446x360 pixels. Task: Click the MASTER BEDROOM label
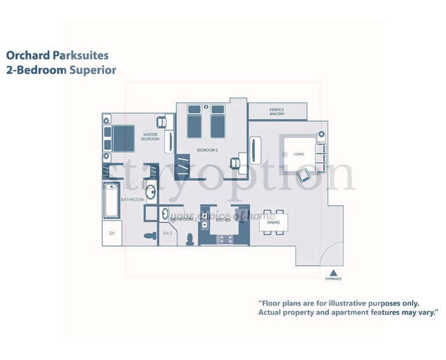click(150, 137)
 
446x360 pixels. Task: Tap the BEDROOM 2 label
click(207, 150)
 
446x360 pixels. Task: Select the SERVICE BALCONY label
click(276, 111)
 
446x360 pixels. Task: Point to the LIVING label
click(298, 154)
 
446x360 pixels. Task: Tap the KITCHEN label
click(224, 220)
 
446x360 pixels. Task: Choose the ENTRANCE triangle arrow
click(333, 272)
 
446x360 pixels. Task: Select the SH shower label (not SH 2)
click(112, 233)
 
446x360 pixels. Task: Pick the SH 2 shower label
click(167, 233)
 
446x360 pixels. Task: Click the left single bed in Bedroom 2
click(194, 121)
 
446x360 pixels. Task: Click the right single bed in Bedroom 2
click(217, 121)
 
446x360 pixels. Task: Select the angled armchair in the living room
click(304, 175)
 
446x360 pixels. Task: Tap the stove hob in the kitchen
click(224, 239)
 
